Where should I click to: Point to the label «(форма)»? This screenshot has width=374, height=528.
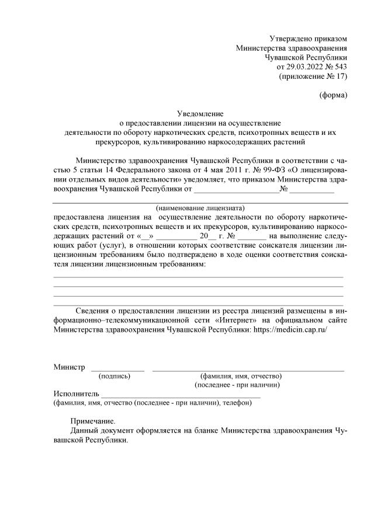[x=333, y=95]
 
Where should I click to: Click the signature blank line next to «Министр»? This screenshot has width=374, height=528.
[x=117, y=370]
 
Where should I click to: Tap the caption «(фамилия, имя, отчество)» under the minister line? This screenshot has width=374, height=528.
[x=241, y=376]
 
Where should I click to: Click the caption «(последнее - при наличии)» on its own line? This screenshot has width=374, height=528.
[x=237, y=385]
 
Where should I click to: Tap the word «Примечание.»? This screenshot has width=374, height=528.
[x=93, y=421]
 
